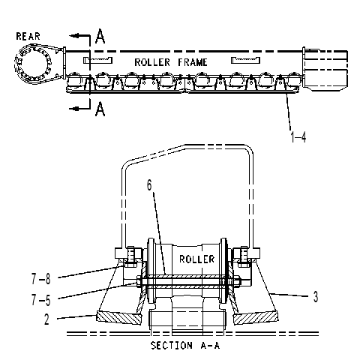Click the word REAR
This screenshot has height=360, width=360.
point(28,36)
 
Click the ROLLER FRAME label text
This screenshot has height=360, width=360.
point(171,62)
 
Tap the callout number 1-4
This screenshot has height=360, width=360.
point(298,136)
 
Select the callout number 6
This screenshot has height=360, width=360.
point(149,185)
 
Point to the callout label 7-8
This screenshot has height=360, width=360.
point(41,279)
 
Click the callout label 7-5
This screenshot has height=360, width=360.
point(41,300)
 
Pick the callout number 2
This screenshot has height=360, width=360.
point(46,319)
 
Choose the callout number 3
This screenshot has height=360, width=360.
point(316,297)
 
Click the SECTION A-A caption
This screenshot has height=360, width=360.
point(185,346)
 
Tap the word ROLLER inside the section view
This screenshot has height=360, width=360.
point(197,259)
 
